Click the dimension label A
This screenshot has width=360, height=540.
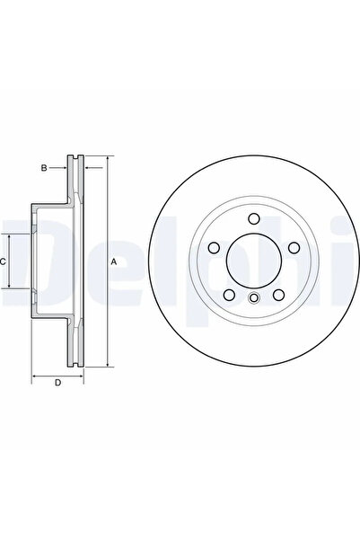click(x=113, y=261)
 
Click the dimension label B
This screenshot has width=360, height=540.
click(x=54, y=166)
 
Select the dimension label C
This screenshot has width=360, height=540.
click(x=4, y=261)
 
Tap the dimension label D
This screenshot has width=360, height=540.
click(x=57, y=385)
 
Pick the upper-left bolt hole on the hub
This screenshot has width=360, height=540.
click(x=214, y=249)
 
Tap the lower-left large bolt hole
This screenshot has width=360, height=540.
click(x=229, y=295)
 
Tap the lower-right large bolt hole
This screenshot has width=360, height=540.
click(x=278, y=295)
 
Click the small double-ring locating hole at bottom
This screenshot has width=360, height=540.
click(x=253, y=300)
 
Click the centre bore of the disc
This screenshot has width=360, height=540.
click(x=253, y=261)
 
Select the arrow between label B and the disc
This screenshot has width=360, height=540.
click(x=66, y=166)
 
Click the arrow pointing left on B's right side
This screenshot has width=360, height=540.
click(x=88, y=166)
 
